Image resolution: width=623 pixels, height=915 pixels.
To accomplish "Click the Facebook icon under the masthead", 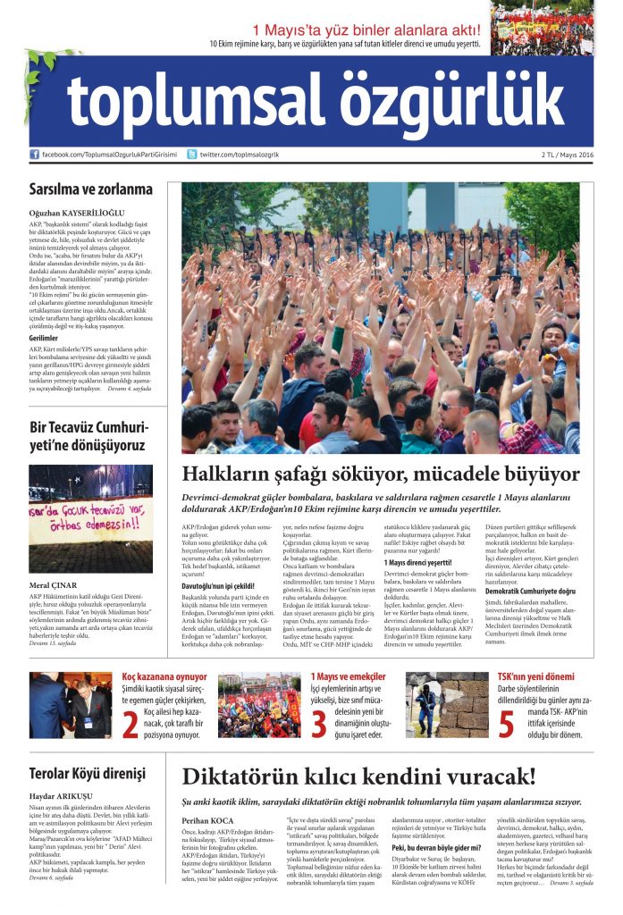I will tap(35, 155).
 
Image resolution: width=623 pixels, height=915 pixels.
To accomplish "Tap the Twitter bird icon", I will tap(191, 155).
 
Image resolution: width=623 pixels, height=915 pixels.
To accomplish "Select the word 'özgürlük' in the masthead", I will tap(448, 100).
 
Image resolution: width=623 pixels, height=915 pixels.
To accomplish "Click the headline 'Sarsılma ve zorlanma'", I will tap(90, 189).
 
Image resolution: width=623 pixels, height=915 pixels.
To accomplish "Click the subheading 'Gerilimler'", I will tap(45, 339).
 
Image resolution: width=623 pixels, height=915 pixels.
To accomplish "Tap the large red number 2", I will tap(130, 724).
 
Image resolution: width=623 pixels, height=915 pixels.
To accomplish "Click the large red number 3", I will tap(319, 724).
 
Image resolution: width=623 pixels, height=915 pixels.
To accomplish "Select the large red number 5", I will tap(506, 724).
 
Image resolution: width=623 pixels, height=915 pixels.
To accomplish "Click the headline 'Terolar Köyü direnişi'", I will tap(87, 774).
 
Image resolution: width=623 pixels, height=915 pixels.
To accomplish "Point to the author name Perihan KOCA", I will tap(207, 819).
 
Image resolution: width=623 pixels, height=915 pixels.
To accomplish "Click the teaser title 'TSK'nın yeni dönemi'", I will tap(535, 677).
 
